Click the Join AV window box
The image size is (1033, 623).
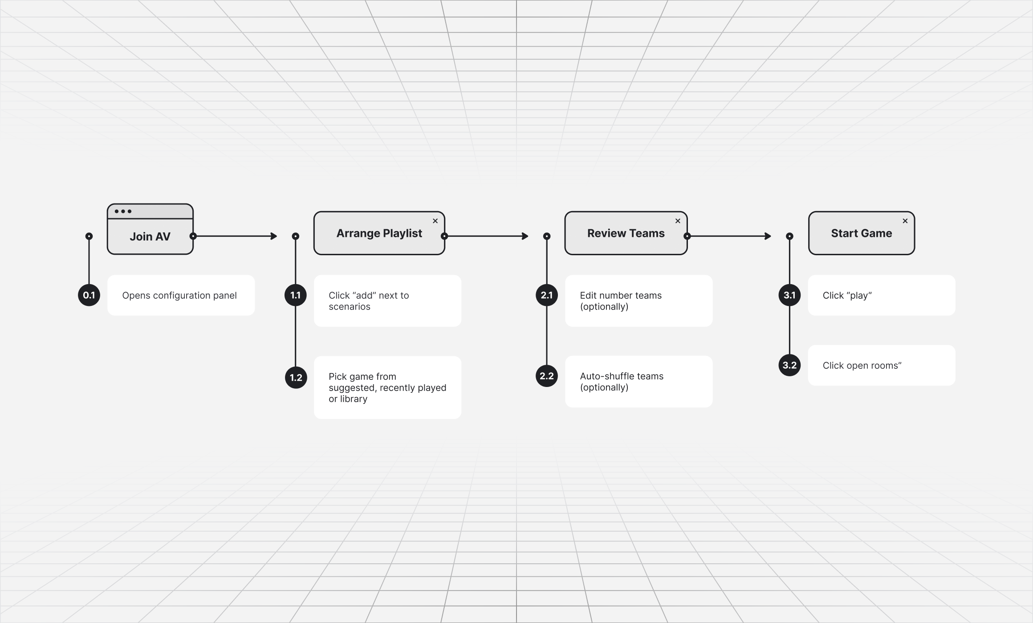[150, 229]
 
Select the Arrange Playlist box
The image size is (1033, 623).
[379, 233]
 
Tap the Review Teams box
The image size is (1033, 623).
[626, 233]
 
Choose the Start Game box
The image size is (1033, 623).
[862, 233]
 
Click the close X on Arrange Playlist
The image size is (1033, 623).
[435, 221]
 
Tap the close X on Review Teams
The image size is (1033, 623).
[678, 221]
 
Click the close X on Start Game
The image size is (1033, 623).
[905, 221]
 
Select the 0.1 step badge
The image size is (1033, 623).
[89, 295]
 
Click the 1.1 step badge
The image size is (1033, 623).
[296, 295]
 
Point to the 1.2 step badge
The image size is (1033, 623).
[296, 378]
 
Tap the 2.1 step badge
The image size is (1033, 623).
[547, 295]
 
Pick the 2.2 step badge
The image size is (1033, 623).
[547, 376]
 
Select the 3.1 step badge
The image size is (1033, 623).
[789, 295]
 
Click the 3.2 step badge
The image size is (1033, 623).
[789, 365]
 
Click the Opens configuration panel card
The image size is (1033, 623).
[181, 295]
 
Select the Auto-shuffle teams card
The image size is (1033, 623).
[639, 382]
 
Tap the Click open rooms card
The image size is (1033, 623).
[882, 365]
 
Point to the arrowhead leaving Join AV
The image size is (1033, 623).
[274, 236]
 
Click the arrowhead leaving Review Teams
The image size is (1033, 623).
[768, 236]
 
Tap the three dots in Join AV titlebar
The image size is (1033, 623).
[123, 211]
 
